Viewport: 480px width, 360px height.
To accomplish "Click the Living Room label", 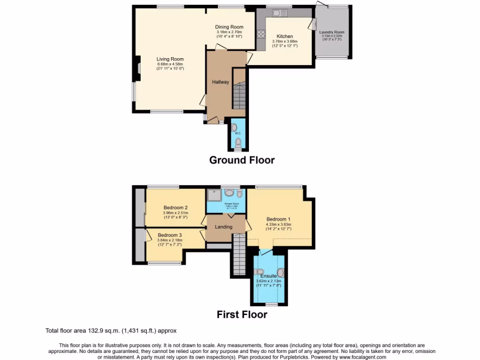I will [x=170, y=59].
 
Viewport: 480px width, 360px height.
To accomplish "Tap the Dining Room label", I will [x=229, y=27].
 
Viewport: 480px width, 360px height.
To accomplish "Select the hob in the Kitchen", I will [x=261, y=34].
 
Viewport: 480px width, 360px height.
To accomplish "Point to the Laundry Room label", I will [x=332, y=32].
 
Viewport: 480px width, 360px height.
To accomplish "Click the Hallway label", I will [x=220, y=82].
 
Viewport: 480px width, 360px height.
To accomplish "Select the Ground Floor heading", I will [x=241, y=160].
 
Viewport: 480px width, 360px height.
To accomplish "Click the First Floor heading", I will [x=241, y=315].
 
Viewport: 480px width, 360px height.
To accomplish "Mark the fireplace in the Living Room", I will [x=138, y=66].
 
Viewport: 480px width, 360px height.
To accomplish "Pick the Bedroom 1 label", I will [x=278, y=219].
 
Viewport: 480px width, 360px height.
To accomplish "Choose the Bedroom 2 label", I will [x=176, y=208].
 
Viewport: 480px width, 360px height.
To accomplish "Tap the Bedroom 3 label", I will [x=170, y=235].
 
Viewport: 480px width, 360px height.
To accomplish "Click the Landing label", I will [x=224, y=227].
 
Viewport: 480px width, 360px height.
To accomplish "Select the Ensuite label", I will [x=269, y=276].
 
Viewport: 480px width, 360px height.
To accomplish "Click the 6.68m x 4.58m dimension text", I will [x=170, y=64].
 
